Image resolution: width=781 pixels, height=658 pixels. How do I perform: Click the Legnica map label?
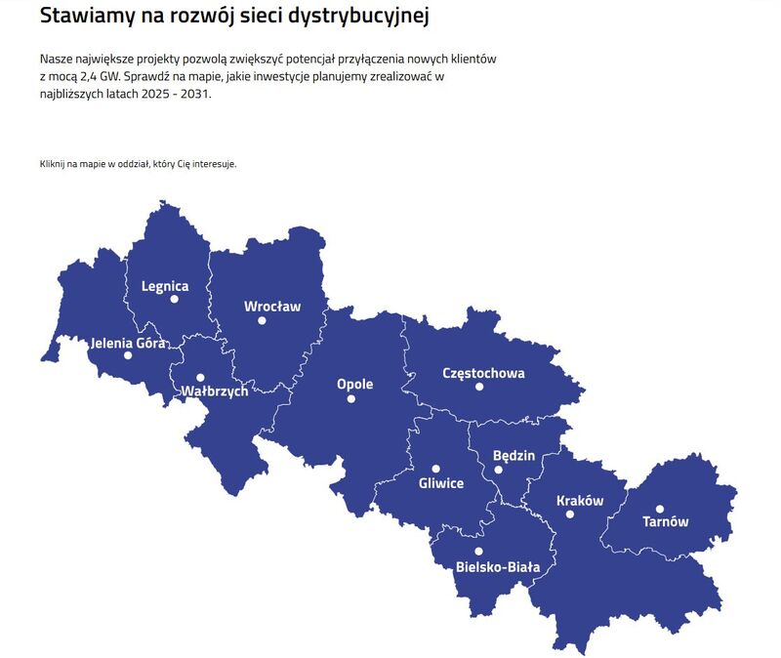165,286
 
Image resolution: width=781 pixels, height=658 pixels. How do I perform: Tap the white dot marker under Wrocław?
262,320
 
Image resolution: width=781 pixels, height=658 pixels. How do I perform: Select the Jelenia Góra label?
127,343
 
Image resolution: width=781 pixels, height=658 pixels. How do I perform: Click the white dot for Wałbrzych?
200,377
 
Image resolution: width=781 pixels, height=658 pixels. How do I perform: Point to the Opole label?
354,384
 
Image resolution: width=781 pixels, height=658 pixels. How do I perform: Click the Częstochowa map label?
483,373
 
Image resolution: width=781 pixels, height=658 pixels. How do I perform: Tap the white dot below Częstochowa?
479,387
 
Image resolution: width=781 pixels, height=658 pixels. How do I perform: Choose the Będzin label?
514,455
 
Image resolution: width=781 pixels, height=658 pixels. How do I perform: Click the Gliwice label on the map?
441,483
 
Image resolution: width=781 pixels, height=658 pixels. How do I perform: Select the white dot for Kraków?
570,514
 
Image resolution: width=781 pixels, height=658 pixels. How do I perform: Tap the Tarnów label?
665,521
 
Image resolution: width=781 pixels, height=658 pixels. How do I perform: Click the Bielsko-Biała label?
498,566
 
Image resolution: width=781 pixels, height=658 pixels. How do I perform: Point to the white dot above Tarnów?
660,508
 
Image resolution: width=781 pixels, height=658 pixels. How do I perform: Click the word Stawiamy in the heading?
86,16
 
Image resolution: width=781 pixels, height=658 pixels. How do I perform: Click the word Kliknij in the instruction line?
55,163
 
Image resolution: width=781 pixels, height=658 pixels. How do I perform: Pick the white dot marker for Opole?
351,398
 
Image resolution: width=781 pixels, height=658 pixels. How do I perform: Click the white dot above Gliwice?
436,469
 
